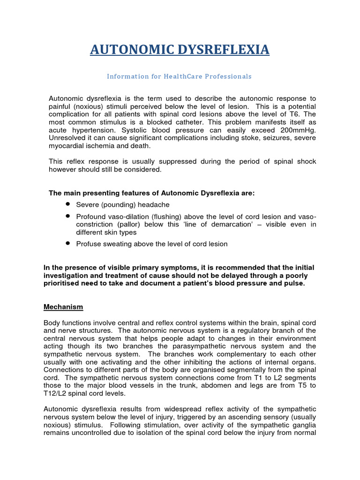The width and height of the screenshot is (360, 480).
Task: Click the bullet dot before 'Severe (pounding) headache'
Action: [x=68, y=205]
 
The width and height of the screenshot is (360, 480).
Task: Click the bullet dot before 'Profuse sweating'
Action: [x=68, y=244]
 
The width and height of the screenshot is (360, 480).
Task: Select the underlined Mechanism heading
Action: [x=63, y=307]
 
